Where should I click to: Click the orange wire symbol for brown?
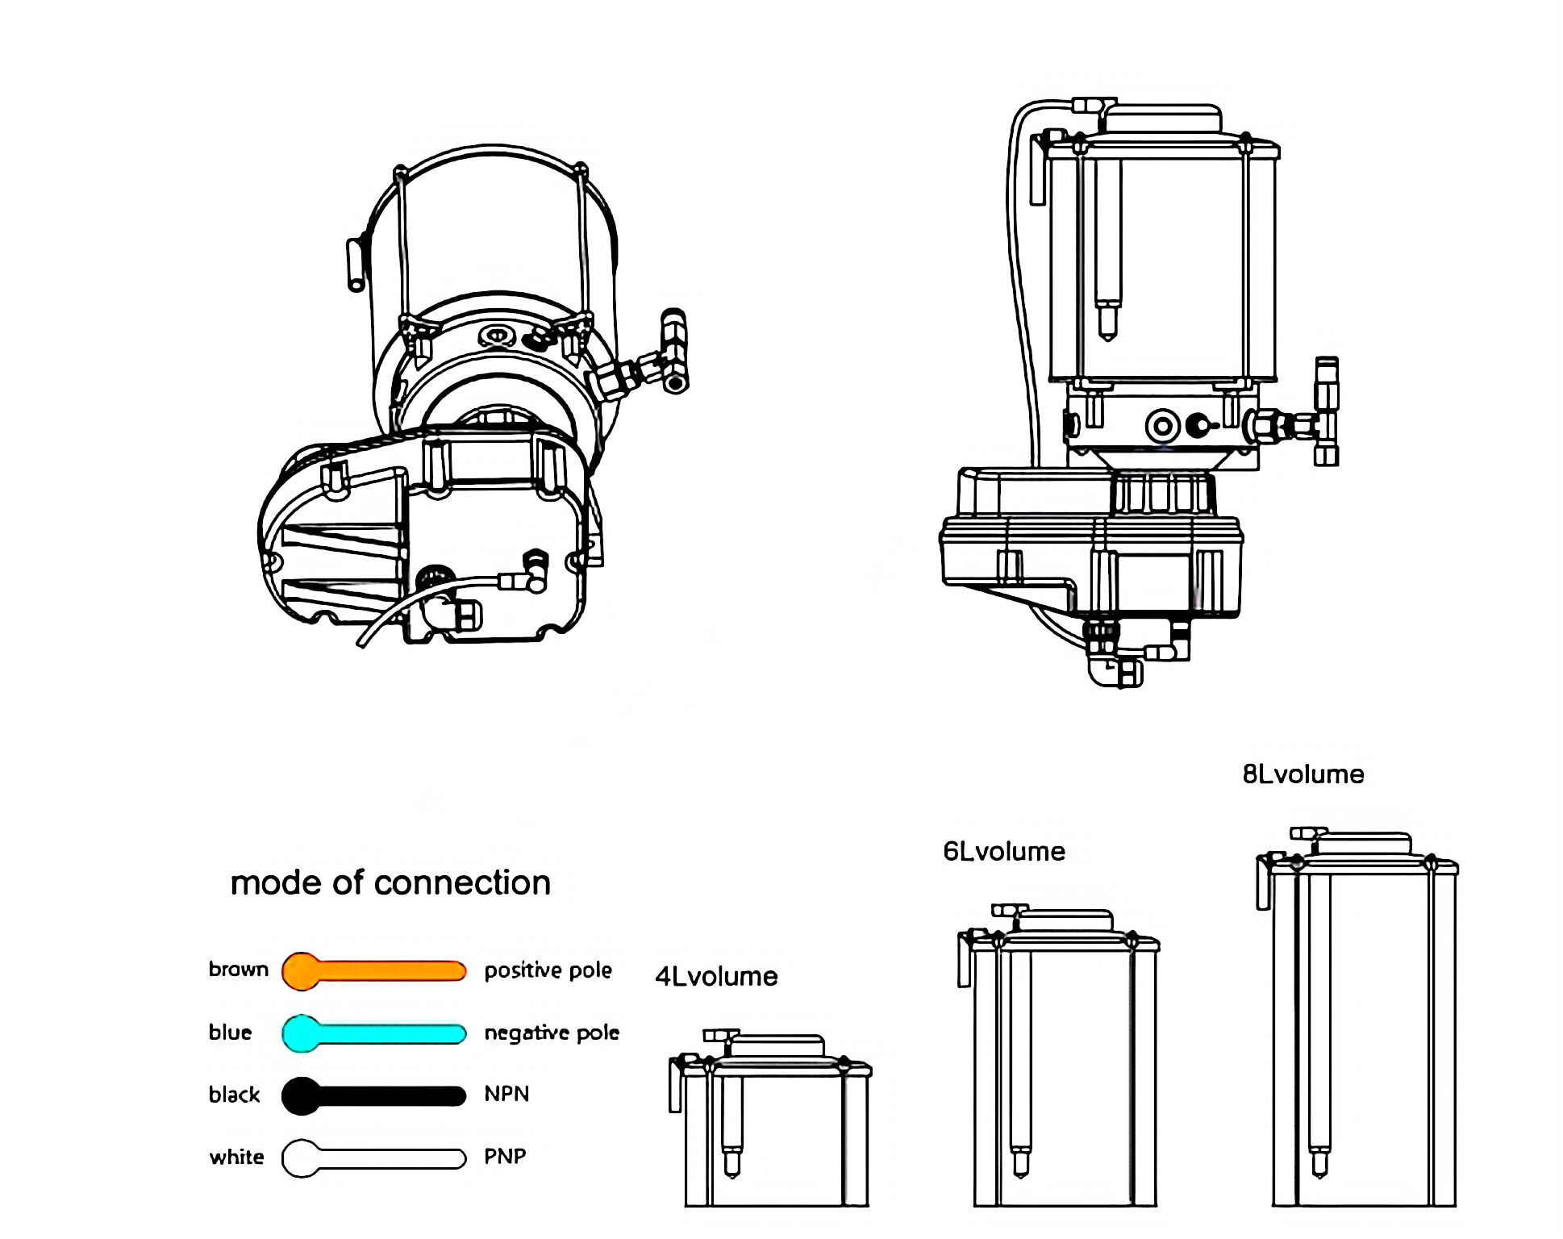pyautogui.click(x=373, y=970)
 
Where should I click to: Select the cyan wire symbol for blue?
pyautogui.click(x=373, y=1033)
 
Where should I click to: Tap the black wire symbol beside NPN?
pyautogui.click(x=373, y=1095)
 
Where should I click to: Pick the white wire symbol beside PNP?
pyautogui.click(x=373, y=1158)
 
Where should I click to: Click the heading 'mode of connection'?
pyautogui.click(x=390, y=882)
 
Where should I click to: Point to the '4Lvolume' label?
pyautogui.click(x=716, y=977)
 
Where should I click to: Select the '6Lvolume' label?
pyautogui.click(x=1004, y=852)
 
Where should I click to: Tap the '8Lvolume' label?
pyautogui.click(x=1303, y=774)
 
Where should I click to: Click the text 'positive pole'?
pyautogui.click(x=548, y=970)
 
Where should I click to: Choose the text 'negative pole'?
pyautogui.click(x=552, y=1033)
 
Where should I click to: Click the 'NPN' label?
pyautogui.click(x=506, y=1095)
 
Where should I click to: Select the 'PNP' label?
pyautogui.click(x=505, y=1157)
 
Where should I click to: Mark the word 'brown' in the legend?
pyautogui.click(x=238, y=969)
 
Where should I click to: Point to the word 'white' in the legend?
pyautogui.click(x=236, y=1158)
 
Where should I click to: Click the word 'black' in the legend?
pyautogui.click(x=234, y=1095)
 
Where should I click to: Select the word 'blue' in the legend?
pyautogui.click(x=230, y=1032)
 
